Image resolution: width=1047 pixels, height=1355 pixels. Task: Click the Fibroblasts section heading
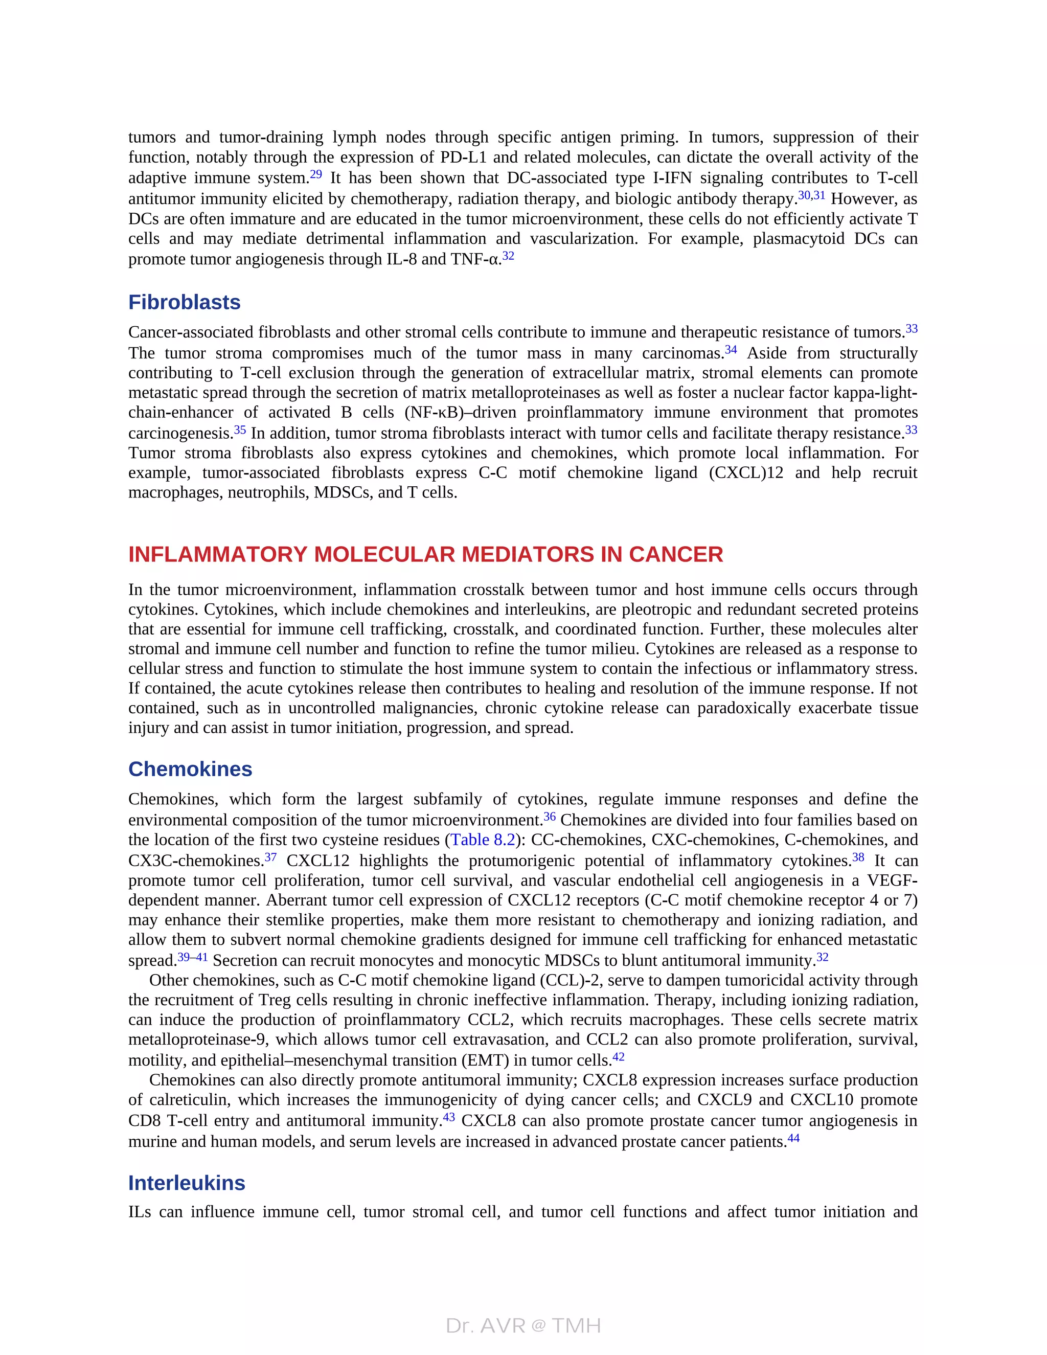(x=184, y=302)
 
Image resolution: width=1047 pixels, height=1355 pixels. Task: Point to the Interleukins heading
(x=187, y=1183)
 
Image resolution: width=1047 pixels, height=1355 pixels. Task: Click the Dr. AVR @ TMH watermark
(x=523, y=1325)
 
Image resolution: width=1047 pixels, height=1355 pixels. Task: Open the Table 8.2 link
(x=483, y=840)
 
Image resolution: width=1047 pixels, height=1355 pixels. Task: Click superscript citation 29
(x=316, y=174)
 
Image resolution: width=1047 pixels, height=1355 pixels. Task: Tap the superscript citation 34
(x=731, y=350)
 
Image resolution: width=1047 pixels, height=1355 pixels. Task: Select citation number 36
(x=550, y=817)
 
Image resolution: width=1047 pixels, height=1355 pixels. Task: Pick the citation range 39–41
(x=192, y=957)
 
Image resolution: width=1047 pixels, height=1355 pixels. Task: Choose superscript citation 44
(x=793, y=1139)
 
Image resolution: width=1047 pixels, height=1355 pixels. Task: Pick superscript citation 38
(x=858, y=857)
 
